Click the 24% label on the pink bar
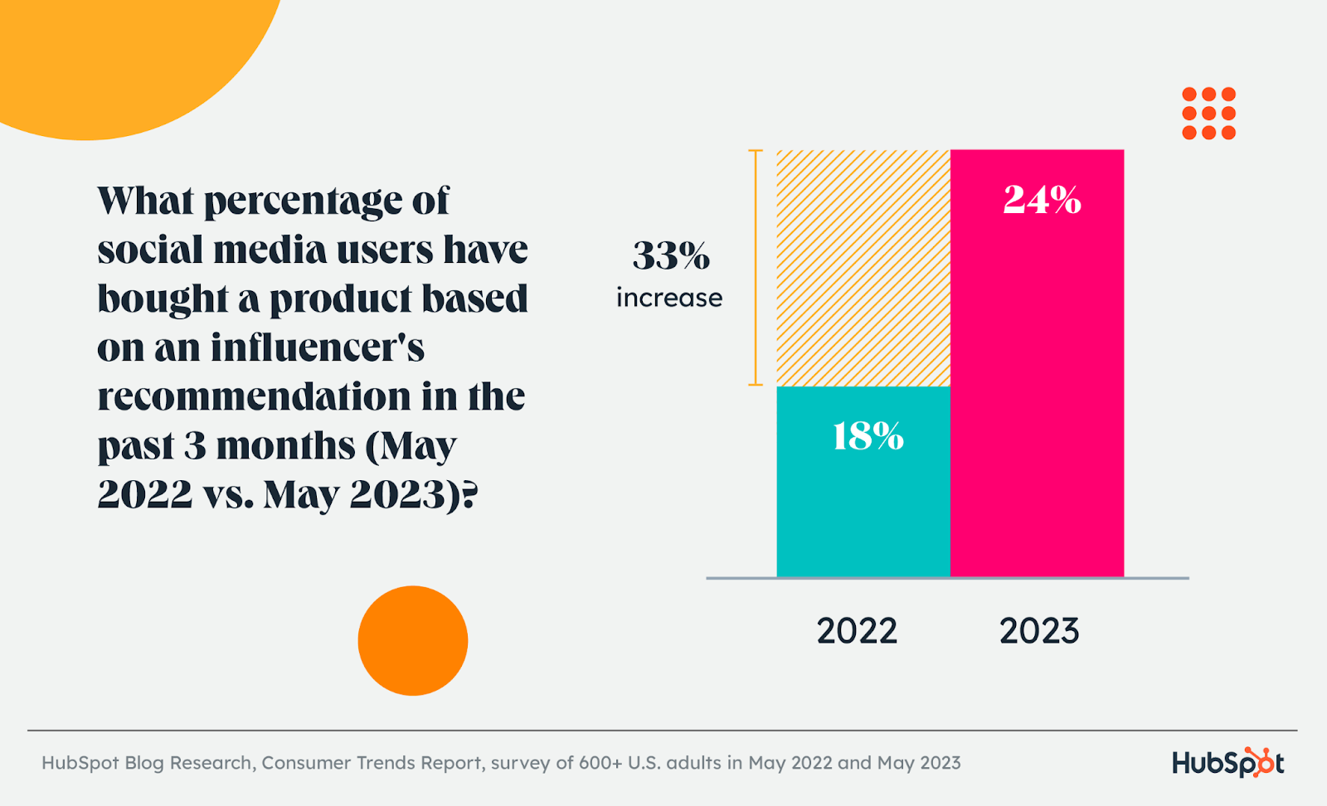point(1042,200)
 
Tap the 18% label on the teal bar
point(868,436)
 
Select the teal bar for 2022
point(863,514)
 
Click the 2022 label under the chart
point(857,631)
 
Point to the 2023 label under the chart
point(1039,631)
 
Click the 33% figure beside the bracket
point(671,255)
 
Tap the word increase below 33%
point(669,298)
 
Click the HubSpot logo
point(1227,763)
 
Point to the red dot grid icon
point(1208,114)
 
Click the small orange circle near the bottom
point(413,641)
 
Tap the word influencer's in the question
point(317,347)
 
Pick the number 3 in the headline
point(195,445)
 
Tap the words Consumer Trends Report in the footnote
point(372,763)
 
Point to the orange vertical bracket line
point(756,267)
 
